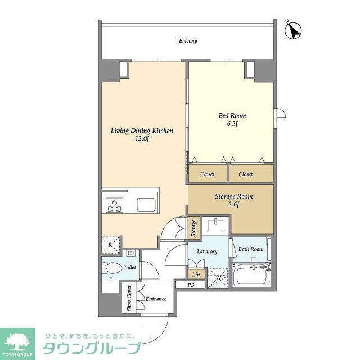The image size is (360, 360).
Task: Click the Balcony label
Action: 188,41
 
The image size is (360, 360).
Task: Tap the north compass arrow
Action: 292,31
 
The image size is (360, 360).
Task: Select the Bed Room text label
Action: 232,116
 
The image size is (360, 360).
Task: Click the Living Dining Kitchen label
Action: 141,130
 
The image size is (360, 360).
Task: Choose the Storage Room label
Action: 233,196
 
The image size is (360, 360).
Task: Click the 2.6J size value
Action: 233,204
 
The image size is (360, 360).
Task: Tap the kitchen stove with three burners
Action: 115,205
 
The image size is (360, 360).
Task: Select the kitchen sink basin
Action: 147,205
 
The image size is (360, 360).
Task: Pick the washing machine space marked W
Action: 218,277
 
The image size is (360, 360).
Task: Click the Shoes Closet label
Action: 129,298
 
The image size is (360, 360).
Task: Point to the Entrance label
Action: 155,299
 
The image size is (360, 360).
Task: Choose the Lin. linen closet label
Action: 196,274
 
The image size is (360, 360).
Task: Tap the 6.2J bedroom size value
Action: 232,124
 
